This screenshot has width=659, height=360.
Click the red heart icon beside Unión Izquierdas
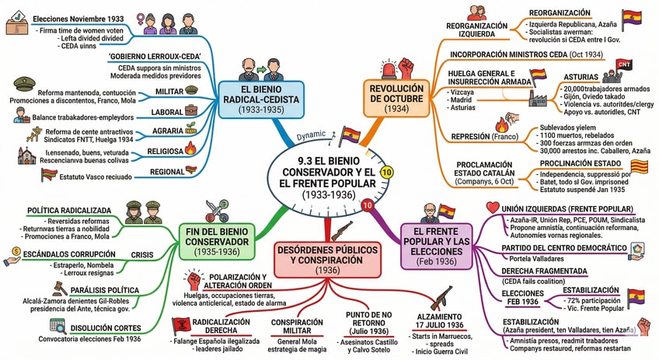tap(491, 208)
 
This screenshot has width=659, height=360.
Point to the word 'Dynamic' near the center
tap(311, 135)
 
